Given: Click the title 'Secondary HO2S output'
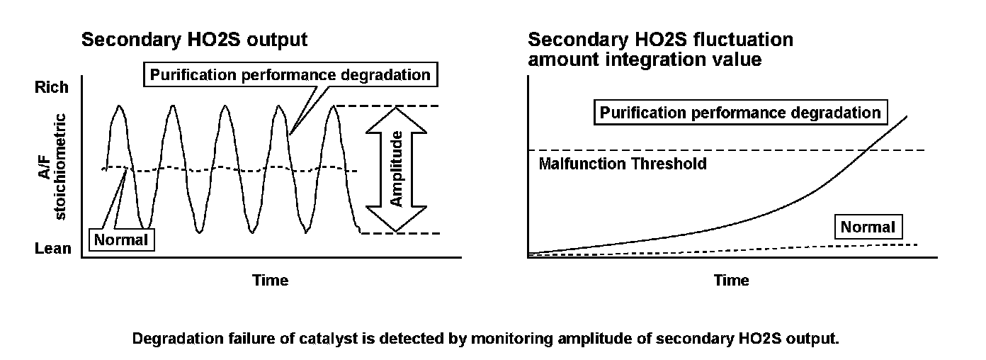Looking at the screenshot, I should tap(195, 40).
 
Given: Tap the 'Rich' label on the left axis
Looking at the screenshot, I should tap(52, 87).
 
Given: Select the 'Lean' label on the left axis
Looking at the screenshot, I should tap(52, 248).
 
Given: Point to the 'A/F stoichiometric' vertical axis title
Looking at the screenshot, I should tap(52, 167).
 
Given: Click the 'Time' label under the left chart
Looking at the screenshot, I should tap(271, 280).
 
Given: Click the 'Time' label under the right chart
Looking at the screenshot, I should tap(731, 280).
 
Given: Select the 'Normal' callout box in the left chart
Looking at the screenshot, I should tap(122, 240).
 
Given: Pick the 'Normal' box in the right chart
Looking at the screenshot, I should tap(868, 227).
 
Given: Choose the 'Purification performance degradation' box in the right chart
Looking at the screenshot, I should tap(740, 112).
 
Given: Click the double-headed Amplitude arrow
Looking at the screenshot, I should tap(397, 169).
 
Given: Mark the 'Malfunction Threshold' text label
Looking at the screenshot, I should tap(623, 164).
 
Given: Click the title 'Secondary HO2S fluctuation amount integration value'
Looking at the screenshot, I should tap(660, 49).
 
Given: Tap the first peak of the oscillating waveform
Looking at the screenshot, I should tap(119, 107).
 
